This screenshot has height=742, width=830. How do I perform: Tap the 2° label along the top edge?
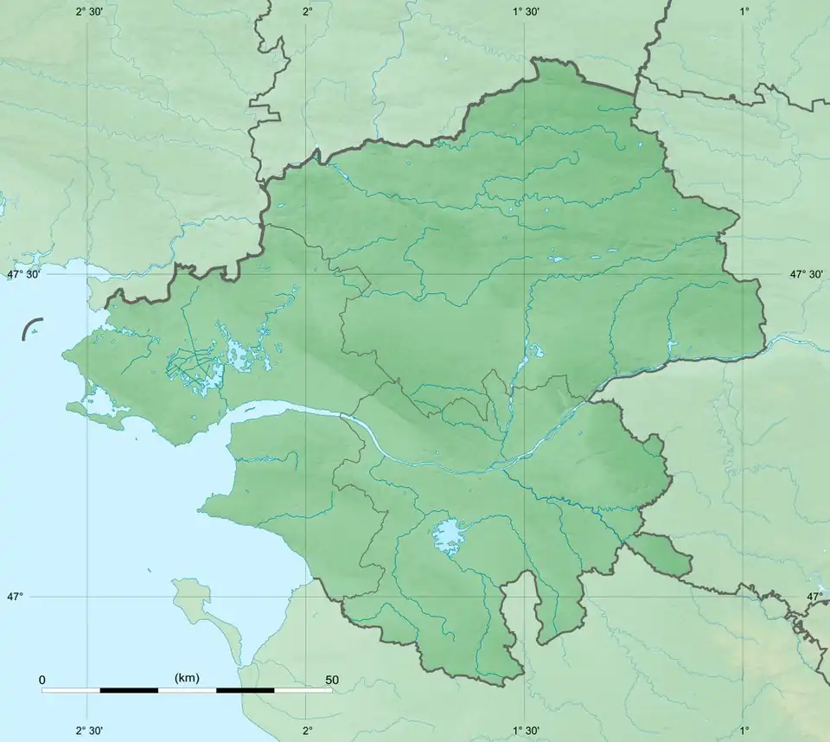(x=307, y=11)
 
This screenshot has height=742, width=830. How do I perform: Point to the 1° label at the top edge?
(x=744, y=11)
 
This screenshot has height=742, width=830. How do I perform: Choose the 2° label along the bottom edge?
(x=307, y=731)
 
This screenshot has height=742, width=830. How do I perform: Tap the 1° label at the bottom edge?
(x=744, y=731)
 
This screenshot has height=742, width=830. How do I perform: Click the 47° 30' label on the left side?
(x=25, y=274)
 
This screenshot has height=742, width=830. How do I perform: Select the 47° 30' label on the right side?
(x=806, y=274)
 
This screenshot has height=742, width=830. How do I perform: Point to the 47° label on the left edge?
(x=16, y=597)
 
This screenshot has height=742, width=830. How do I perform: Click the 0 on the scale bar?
(x=42, y=680)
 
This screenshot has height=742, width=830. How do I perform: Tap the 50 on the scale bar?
(x=331, y=680)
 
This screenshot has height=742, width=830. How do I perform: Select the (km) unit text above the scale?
(x=187, y=677)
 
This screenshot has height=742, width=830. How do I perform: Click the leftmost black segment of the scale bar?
(x=129, y=690)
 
